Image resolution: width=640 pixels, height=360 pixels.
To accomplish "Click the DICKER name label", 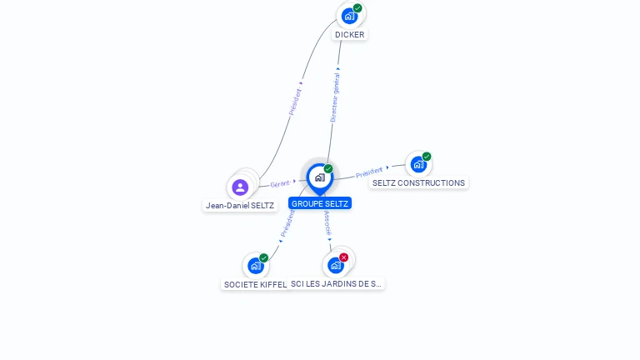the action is (x=349, y=35).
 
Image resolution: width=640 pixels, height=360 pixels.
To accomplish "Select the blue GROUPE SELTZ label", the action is (x=320, y=203).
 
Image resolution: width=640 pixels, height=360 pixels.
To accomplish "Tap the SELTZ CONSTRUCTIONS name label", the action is (x=418, y=183).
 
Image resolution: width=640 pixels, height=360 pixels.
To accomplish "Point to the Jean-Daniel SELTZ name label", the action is (x=240, y=205).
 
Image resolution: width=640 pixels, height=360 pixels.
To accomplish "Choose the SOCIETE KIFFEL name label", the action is (x=255, y=284).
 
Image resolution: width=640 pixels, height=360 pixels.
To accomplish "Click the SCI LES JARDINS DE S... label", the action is (x=337, y=284).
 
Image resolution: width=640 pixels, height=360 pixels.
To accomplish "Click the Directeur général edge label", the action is (x=334, y=98).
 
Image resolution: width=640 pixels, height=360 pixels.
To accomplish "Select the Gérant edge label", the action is (x=280, y=183).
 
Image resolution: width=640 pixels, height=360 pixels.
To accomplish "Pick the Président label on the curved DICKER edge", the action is (x=295, y=101).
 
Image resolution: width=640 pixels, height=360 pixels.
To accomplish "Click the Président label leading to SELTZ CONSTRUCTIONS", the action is (x=369, y=172).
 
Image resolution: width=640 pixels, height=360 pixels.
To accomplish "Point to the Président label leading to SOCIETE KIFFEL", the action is (x=287, y=222).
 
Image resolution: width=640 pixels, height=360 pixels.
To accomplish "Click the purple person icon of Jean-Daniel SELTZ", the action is (x=240, y=187).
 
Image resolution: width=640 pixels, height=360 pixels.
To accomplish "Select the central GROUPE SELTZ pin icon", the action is (x=319, y=177).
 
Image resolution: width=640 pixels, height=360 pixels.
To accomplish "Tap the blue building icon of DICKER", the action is (x=349, y=15).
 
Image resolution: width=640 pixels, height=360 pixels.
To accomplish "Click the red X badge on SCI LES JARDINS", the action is (x=343, y=257).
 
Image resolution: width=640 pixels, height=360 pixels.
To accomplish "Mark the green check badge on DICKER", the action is (x=357, y=8).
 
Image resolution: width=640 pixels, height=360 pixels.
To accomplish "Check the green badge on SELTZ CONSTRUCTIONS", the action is (x=427, y=156).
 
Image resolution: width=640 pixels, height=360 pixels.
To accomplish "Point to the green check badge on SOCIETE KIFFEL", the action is (x=264, y=258).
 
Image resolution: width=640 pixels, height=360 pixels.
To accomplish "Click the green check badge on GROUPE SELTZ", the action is (x=328, y=168).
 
